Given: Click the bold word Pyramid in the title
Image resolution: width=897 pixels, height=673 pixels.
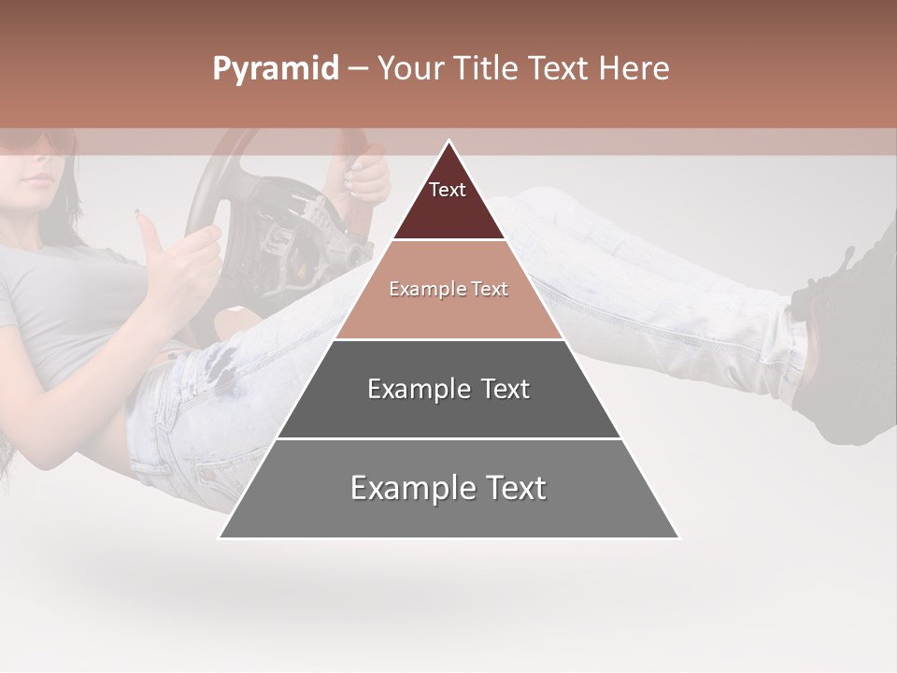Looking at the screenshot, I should tap(275, 69).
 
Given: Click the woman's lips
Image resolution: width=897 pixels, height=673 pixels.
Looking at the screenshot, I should tap(36, 178).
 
